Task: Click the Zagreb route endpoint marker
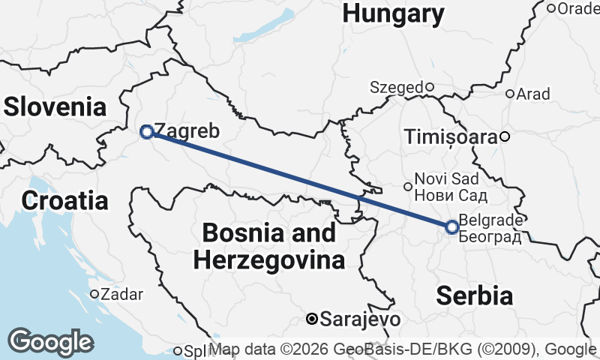(x=147, y=132)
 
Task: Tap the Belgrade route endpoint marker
(x=452, y=227)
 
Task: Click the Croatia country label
(x=64, y=200)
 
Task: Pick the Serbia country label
(x=475, y=295)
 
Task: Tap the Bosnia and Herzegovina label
(x=269, y=247)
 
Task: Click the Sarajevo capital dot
(x=312, y=319)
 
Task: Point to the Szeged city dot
(x=430, y=86)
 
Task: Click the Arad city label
(x=533, y=94)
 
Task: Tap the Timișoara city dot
(x=505, y=136)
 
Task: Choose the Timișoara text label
(x=450, y=136)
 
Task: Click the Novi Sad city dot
(x=408, y=186)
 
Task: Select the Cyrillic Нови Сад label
(x=451, y=196)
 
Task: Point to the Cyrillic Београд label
(x=489, y=237)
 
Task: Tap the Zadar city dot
(x=94, y=294)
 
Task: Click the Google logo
(x=51, y=342)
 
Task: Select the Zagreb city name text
(x=186, y=131)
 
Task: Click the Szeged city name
(x=397, y=87)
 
